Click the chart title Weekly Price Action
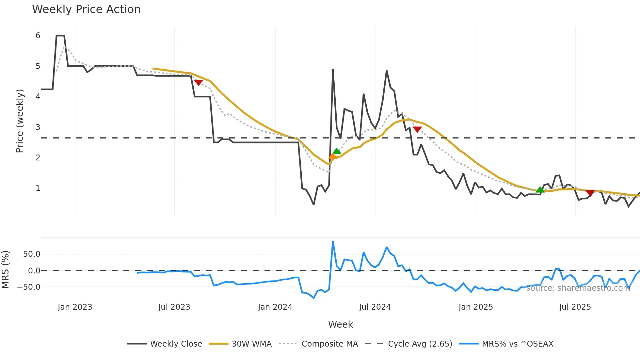coord(86,9)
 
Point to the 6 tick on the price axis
coord(38,36)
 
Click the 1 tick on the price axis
coord(38,188)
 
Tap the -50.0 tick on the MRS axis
coord(29,287)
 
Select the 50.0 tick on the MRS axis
coord(31,254)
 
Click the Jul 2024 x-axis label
coord(375,307)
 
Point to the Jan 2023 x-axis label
coord(75,307)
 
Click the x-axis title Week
coord(340,324)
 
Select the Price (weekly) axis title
coord(20,121)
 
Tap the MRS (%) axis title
coord(5,270)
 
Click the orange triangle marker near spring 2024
coord(332,156)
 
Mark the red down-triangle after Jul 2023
coord(198,82)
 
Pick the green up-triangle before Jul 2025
coord(540,190)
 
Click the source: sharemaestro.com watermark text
coord(578,288)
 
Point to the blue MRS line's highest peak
coord(333,242)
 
